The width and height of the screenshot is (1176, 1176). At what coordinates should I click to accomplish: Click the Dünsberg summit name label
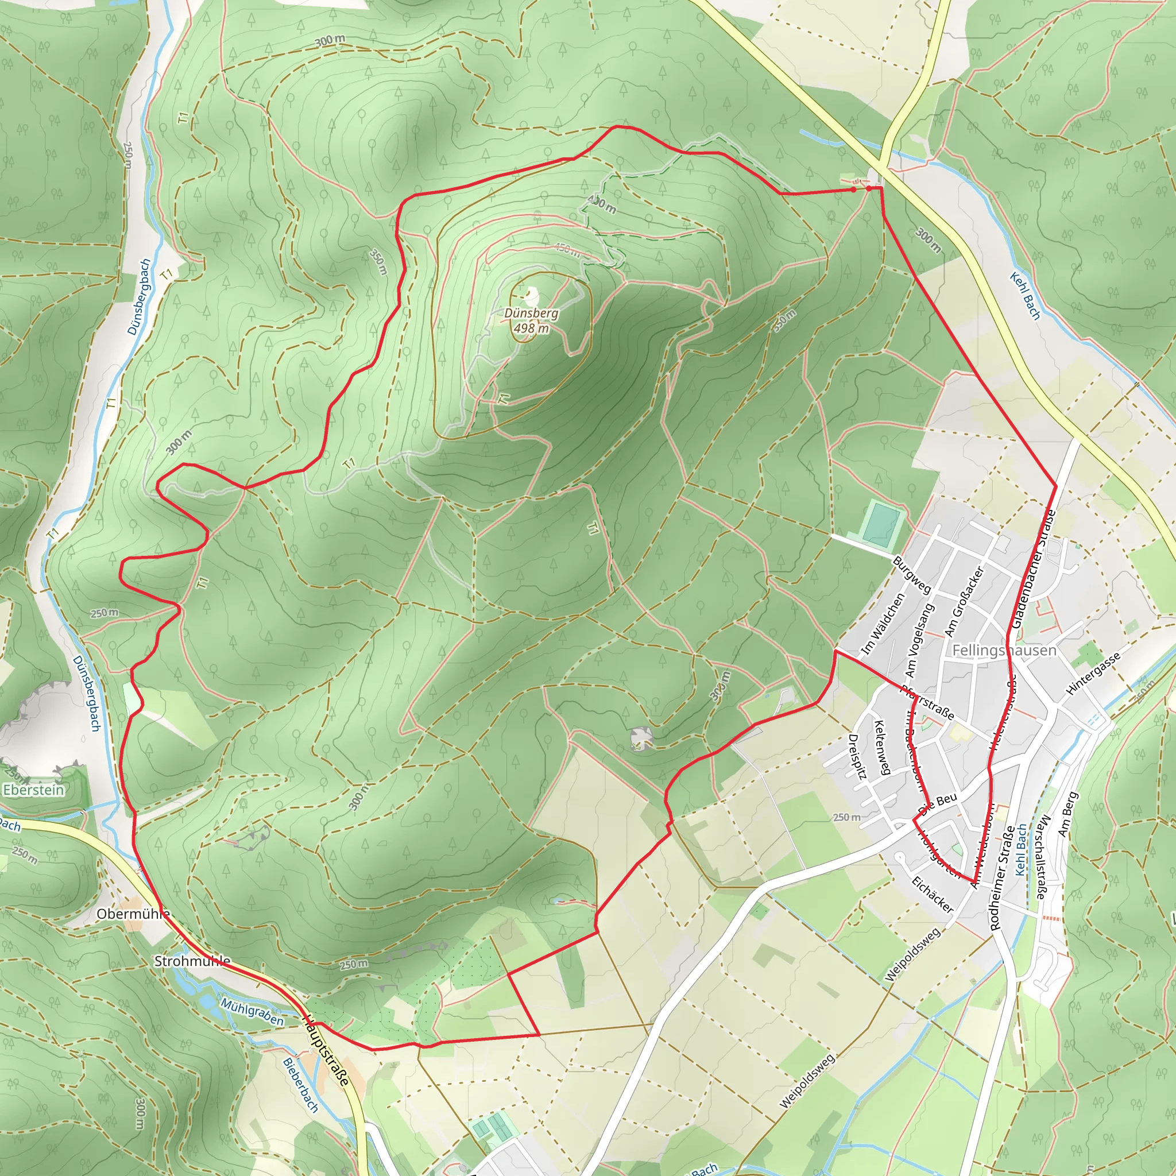[x=531, y=314]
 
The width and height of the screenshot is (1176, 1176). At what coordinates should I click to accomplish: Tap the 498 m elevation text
[x=531, y=328]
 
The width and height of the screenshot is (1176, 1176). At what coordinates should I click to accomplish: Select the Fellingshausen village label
[x=1004, y=651]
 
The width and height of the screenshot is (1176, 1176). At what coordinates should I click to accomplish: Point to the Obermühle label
[x=133, y=914]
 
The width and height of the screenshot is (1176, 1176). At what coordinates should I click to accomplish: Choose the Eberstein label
[x=33, y=790]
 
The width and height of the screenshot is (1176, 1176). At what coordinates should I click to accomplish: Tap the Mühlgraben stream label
[x=252, y=1012]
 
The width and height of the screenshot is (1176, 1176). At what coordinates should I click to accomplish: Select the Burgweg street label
[x=911, y=575]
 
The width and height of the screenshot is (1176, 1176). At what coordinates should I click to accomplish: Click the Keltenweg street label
[x=882, y=748]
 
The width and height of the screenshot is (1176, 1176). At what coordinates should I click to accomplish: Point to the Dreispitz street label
[x=856, y=757]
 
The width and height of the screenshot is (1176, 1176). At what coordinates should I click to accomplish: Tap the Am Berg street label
[x=1067, y=814]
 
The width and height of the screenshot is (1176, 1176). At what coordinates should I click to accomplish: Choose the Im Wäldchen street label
[x=883, y=625]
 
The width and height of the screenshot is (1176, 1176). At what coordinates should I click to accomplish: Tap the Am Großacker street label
[x=964, y=601]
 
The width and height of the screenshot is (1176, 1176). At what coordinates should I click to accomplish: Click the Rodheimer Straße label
[x=1001, y=877]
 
